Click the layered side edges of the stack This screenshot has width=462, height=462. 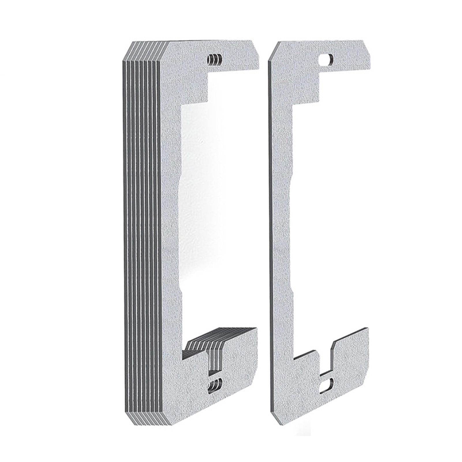tap(141, 231)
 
